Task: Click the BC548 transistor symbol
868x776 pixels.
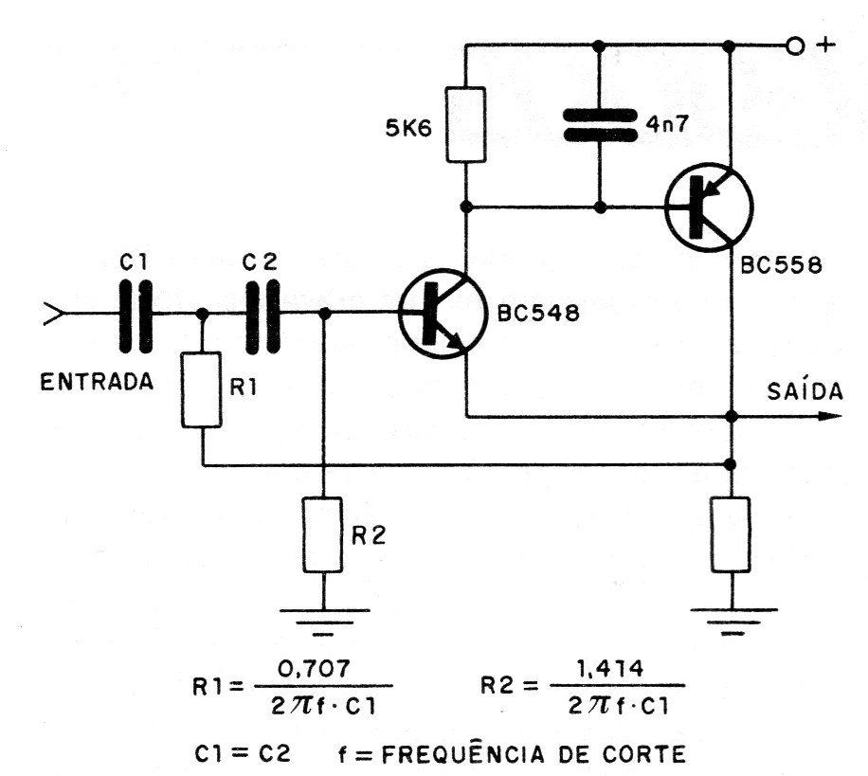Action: coord(442,314)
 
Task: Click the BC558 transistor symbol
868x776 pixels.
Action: coord(709,208)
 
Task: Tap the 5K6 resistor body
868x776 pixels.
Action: coord(466,124)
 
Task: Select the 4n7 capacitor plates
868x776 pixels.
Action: coord(600,124)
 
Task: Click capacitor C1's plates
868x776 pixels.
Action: coord(136,316)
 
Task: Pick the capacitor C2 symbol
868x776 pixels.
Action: coord(262,316)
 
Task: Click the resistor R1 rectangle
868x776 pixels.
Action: coord(202,389)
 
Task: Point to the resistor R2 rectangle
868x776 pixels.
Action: coord(323,534)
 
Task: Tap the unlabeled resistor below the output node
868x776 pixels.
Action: coord(731,534)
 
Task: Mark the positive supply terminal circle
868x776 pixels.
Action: coord(794,45)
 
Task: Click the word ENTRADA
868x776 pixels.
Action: coord(97,383)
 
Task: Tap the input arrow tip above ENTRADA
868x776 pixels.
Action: coord(64,314)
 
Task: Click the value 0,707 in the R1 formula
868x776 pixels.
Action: coord(314,669)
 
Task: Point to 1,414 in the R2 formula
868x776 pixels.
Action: coord(610,669)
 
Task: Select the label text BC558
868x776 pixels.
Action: coord(781,265)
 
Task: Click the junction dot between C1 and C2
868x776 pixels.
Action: coord(203,314)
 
